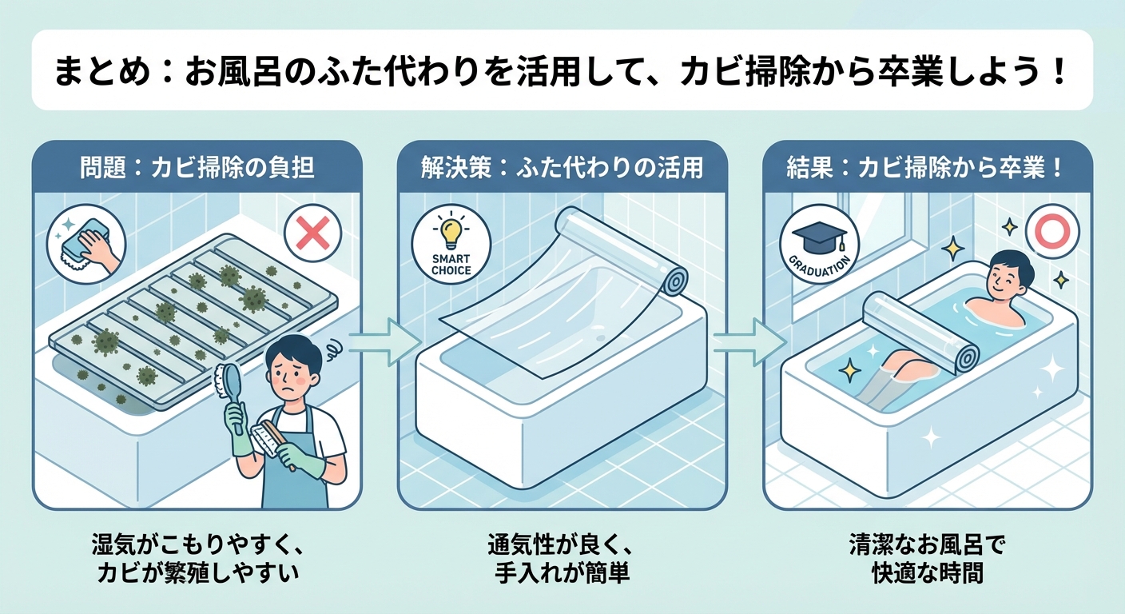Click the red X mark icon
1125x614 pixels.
pos(312,234)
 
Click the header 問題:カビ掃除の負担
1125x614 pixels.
pos(197,169)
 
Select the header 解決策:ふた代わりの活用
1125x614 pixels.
pos(562,169)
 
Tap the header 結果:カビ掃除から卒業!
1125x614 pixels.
pos(927,169)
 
